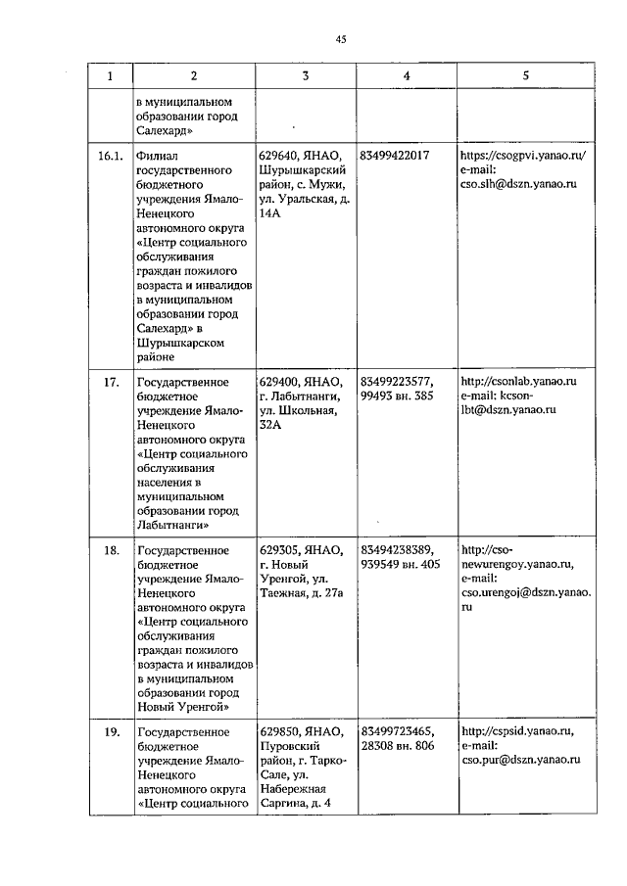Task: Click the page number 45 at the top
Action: (340, 40)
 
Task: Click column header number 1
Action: (110, 76)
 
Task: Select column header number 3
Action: (305, 76)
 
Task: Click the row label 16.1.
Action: (111, 156)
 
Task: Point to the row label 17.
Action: (111, 382)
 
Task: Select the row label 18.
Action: (111, 550)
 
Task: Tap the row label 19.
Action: (111, 731)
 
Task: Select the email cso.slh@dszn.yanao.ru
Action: (518, 184)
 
